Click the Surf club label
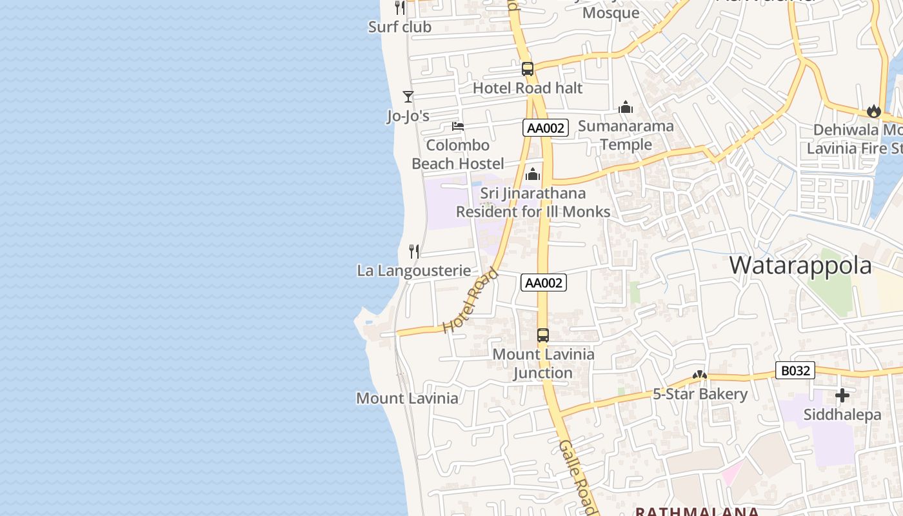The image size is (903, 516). (399, 27)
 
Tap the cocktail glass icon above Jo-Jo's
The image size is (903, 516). (408, 97)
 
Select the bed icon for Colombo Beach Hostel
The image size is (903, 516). (458, 126)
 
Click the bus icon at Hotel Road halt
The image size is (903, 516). (528, 69)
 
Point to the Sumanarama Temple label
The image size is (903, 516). (626, 135)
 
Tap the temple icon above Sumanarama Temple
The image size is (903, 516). (626, 107)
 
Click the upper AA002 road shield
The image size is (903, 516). (546, 128)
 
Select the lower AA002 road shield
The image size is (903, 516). (544, 283)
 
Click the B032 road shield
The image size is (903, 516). (795, 371)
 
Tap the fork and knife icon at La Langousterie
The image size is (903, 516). (414, 251)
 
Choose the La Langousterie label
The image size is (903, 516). (414, 271)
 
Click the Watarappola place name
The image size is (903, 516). (800, 265)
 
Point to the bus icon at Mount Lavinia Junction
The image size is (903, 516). (543, 335)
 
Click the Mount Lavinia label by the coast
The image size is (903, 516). (407, 398)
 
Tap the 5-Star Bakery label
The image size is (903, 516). (700, 394)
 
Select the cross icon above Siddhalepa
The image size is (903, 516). (842, 395)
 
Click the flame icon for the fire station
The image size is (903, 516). (874, 111)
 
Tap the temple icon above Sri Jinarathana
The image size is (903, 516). (533, 174)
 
